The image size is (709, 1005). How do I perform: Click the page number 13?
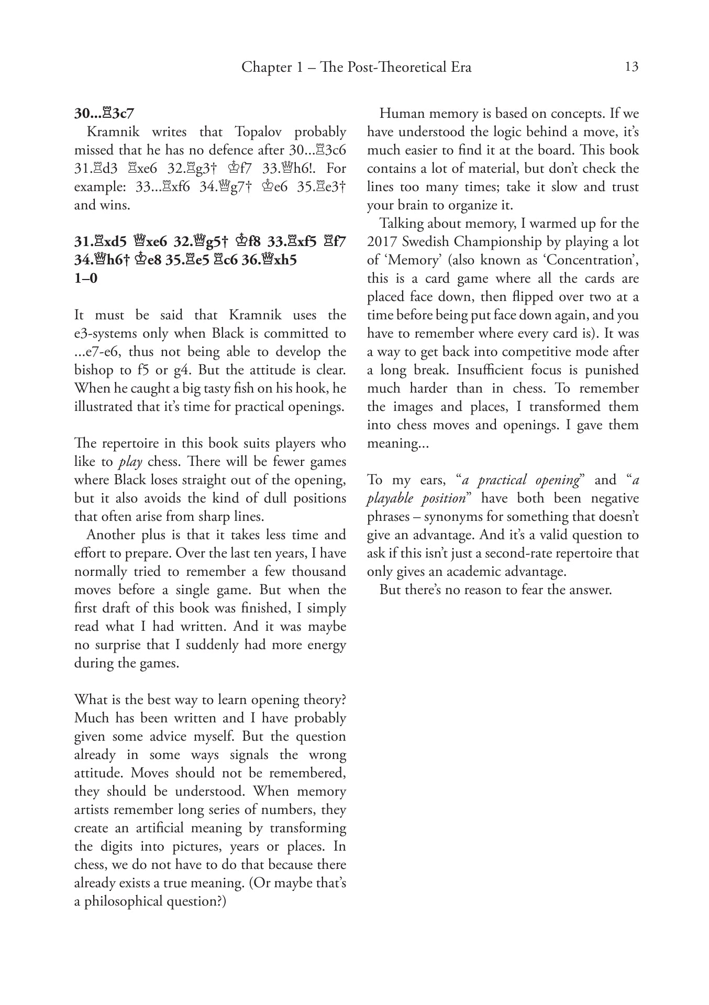pyautogui.click(x=632, y=67)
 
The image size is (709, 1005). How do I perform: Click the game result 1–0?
pyautogui.click(x=86, y=278)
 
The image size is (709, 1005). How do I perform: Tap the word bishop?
pyautogui.click(x=95, y=370)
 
